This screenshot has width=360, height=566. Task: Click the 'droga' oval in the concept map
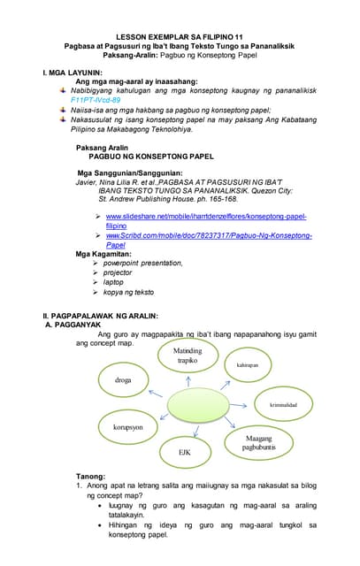click(x=123, y=379)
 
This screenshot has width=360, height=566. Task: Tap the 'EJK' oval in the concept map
click(x=185, y=452)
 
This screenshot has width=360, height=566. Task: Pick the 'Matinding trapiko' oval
click(x=188, y=356)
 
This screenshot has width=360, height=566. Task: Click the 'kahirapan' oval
click(x=247, y=364)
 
